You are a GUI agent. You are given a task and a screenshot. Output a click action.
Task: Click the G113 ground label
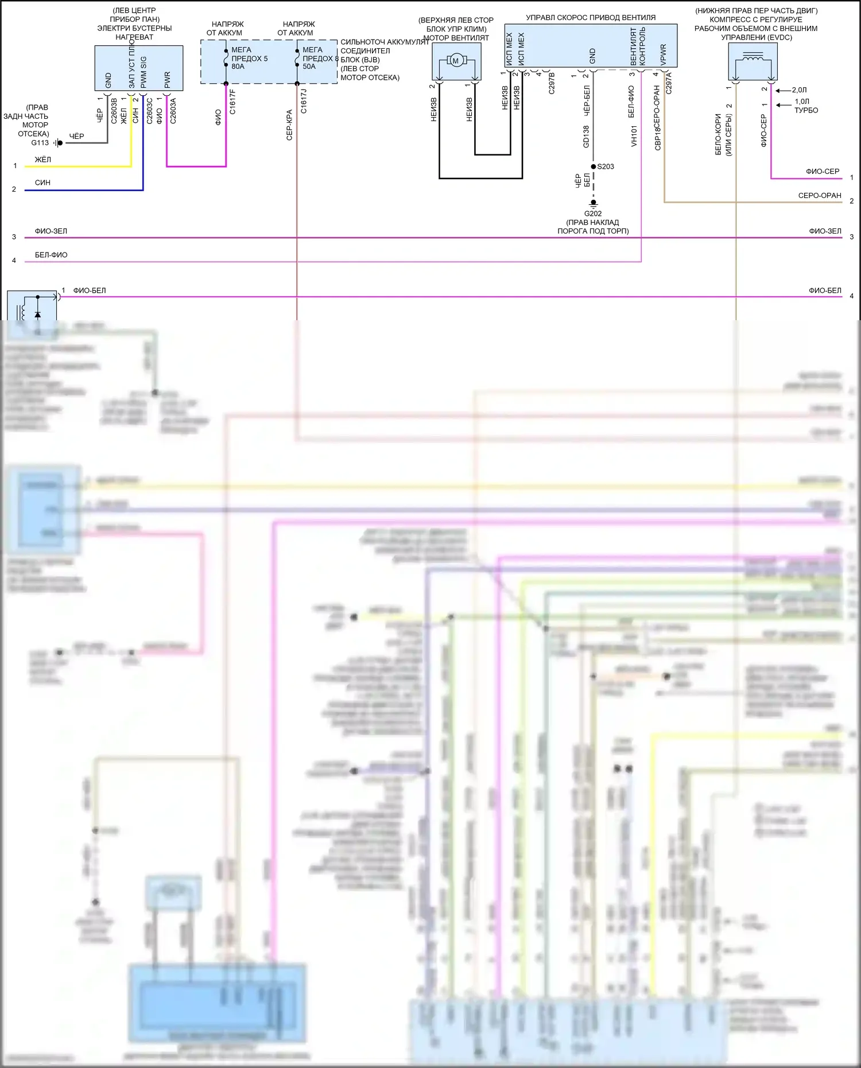click(x=40, y=143)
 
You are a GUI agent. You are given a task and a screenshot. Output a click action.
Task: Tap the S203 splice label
click(x=606, y=166)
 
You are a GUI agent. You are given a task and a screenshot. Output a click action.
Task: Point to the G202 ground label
click(x=593, y=213)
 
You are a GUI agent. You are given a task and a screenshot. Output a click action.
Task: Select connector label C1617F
click(x=232, y=102)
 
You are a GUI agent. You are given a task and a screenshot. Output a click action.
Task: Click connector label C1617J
click(x=304, y=102)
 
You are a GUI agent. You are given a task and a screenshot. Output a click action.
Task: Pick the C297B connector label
click(x=552, y=83)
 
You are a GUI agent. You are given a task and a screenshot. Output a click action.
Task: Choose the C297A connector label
click(x=669, y=83)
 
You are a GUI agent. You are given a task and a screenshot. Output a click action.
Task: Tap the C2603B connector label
click(x=114, y=111)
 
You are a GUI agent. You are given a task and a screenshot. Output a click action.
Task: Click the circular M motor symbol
click(x=456, y=60)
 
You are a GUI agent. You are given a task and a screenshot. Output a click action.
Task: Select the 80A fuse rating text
click(x=238, y=67)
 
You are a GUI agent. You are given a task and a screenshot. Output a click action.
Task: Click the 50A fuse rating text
click(x=309, y=67)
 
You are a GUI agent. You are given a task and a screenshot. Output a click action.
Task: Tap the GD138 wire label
click(x=586, y=137)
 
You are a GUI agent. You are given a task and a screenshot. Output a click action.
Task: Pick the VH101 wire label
click(x=634, y=137)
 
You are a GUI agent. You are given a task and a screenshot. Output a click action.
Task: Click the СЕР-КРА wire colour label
click(x=289, y=125)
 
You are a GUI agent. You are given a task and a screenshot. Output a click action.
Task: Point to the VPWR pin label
click(x=663, y=55)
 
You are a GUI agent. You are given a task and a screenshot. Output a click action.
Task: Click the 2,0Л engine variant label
click(x=799, y=90)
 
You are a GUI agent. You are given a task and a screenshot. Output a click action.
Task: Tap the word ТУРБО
click(x=806, y=110)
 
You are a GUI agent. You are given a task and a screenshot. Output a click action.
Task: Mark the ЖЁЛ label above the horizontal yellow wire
click(x=43, y=160)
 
